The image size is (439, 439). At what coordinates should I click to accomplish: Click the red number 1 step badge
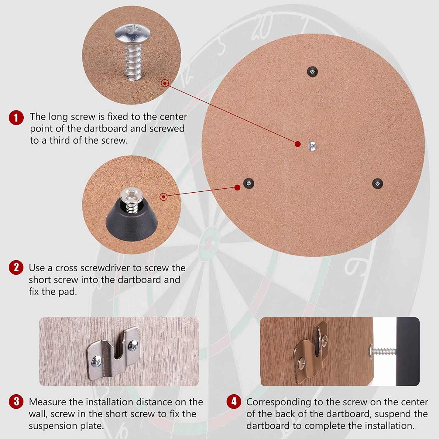point(16,118)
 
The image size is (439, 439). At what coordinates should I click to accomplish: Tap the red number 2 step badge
point(16,267)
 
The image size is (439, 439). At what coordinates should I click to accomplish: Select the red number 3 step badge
point(16,401)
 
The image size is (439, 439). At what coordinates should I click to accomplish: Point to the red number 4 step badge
point(234,401)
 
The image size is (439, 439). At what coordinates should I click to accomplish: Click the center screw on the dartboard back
point(312,146)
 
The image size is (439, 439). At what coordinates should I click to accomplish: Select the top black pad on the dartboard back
point(312,72)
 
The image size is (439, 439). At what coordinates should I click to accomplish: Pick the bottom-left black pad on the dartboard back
point(249,183)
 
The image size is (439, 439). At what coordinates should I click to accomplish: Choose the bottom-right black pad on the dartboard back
point(377,183)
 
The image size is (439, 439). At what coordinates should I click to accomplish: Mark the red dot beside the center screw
point(298,144)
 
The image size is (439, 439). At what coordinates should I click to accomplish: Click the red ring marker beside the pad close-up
point(163,197)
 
